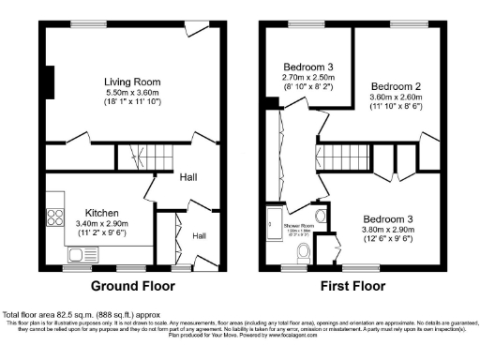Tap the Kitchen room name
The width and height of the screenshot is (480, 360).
(101, 213)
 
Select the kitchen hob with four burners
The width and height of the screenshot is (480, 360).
(53, 202)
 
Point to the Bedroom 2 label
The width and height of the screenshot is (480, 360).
(395, 86)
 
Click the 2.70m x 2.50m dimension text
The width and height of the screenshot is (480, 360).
(308, 79)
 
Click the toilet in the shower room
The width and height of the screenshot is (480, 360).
(303, 253)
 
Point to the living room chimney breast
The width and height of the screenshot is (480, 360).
(50, 82)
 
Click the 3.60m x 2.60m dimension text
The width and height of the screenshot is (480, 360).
(395, 97)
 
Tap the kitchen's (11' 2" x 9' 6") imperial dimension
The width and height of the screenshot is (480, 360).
(101, 235)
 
